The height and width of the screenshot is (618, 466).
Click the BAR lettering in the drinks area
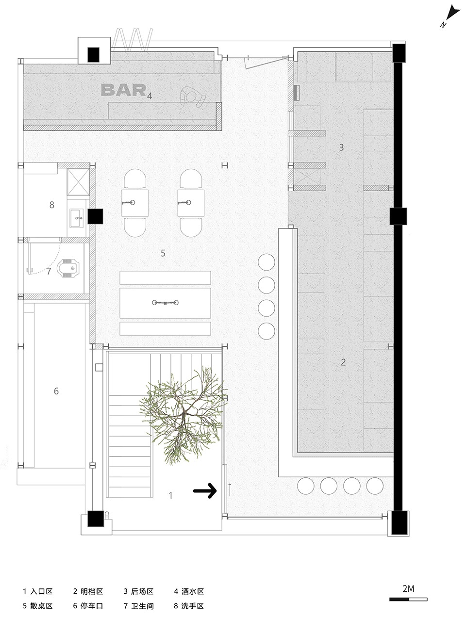(x=123, y=90)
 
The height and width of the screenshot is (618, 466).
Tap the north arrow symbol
(x=450, y=16)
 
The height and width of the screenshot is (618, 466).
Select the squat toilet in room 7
(x=68, y=267)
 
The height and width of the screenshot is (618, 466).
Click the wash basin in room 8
(x=76, y=218)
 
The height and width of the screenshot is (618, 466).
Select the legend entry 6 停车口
(x=88, y=606)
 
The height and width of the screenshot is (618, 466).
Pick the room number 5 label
(x=163, y=253)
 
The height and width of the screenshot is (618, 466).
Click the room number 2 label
(x=343, y=362)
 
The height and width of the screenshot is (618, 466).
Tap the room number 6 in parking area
(x=56, y=391)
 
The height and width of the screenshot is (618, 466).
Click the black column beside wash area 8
(x=95, y=216)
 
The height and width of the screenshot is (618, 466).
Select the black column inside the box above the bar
(x=93, y=55)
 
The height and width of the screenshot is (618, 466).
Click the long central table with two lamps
(x=165, y=303)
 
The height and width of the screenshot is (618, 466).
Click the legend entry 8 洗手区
(x=189, y=606)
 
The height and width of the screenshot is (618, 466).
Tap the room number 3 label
(x=341, y=147)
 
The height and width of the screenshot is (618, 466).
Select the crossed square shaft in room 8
(x=78, y=181)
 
